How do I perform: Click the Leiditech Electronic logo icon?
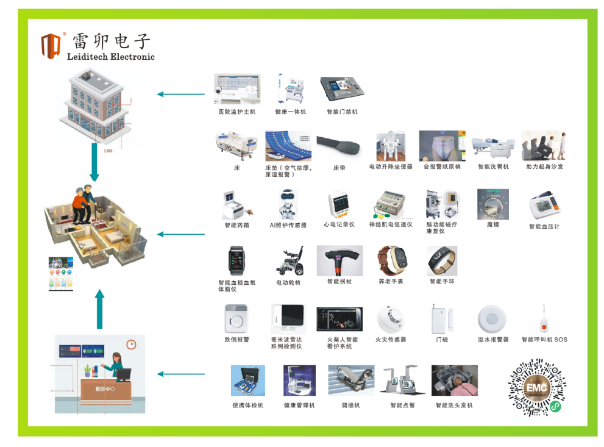click(52, 45)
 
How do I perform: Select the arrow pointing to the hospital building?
click(181, 94)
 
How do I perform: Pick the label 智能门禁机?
click(342, 112)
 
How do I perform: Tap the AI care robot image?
click(288, 204)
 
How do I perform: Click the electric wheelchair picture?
click(288, 262)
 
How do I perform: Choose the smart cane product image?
click(339, 260)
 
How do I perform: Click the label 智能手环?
click(442, 282)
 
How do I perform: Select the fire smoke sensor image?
click(390, 318)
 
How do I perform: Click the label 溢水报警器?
click(493, 340)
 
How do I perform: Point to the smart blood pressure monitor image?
click(544, 206)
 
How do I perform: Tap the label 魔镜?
click(493, 225)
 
